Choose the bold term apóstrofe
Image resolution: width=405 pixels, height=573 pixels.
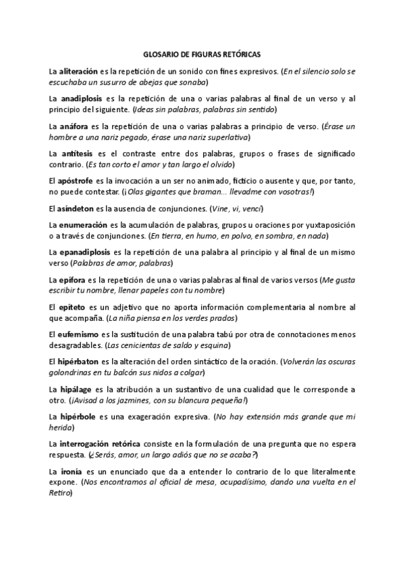tap(80, 182)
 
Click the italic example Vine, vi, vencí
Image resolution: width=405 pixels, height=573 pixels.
tap(236, 207)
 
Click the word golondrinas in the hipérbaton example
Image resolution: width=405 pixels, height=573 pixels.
tap(70, 373)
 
